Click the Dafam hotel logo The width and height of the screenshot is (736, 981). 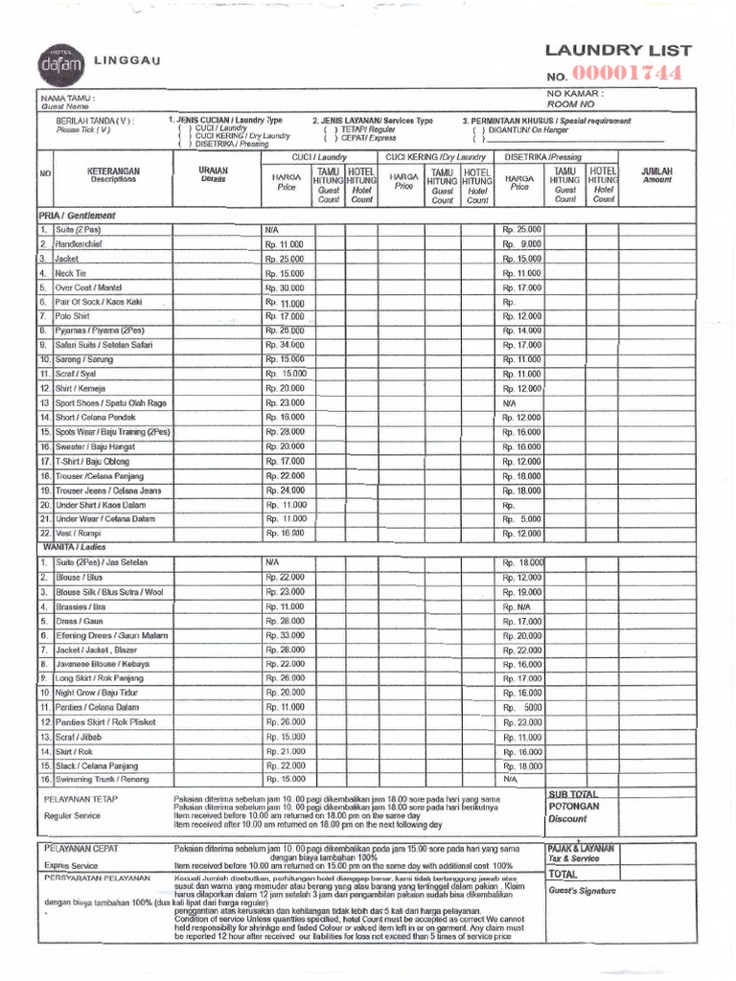point(62,63)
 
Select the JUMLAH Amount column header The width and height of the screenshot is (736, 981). point(656,174)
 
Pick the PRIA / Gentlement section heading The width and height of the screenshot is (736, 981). point(76,216)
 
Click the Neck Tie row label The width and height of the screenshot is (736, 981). point(71,273)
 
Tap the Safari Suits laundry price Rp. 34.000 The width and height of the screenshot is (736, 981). point(285,345)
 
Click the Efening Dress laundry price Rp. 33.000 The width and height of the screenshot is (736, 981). point(285,635)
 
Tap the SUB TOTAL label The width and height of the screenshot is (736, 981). point(573,794)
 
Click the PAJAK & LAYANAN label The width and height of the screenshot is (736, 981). point(581,848)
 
